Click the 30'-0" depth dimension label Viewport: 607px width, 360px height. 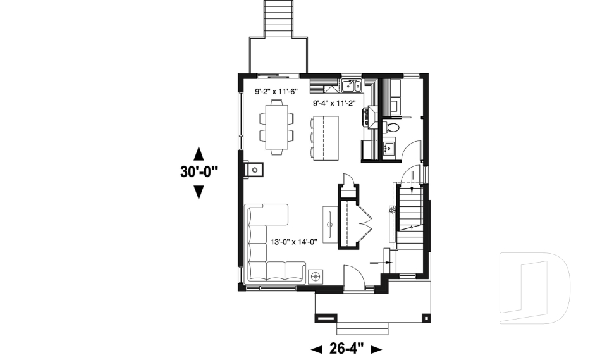coord(198,172)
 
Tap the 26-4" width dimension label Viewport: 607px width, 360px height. coord(347,349)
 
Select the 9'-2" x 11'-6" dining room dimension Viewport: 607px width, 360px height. coord(276,92)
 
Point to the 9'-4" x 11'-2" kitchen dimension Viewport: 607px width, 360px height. coord(335,102)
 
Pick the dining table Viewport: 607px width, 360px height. coord(276,129)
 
